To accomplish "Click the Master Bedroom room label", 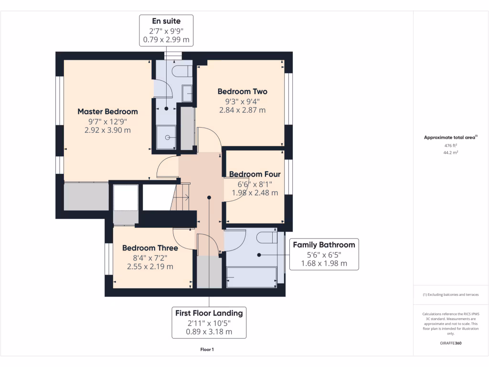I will coord(107,111).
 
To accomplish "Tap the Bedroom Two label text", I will coord(242,91).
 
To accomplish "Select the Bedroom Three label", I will coord(150,248).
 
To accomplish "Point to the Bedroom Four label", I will coord(255,174).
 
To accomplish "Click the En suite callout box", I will coord(166,30).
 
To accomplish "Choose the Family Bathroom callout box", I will coord(324,254).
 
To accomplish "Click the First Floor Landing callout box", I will coord(209,322).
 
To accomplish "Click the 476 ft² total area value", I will coord(450,146).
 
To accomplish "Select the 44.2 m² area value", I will coord(450,152).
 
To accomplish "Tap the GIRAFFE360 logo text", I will coord(450,343).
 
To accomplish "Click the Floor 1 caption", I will coord(207,350).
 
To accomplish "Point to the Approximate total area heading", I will coord(450,138).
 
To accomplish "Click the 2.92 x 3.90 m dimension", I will coord(107,130).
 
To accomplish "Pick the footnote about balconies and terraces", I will coord(450,295).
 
